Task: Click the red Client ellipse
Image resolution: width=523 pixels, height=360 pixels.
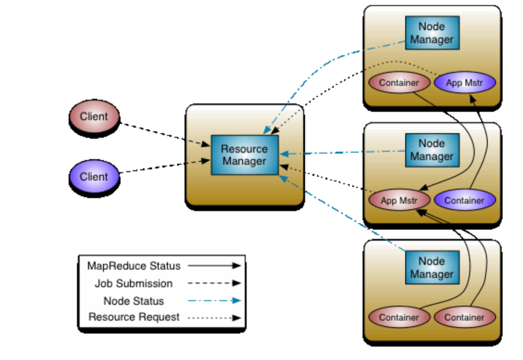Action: point(94,116)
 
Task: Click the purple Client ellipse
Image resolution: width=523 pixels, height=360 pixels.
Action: point(94,176)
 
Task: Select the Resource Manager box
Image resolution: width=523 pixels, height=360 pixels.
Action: point(244,155)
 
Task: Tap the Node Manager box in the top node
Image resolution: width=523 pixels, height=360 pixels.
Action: point(432,32)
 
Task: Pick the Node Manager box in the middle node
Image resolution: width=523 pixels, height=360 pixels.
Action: point(432,150)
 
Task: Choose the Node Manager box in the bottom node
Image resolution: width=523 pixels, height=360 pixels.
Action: point(432,267)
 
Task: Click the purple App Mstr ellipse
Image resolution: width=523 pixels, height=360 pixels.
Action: point(465,83)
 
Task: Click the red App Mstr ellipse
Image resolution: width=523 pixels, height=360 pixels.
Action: point(399,200)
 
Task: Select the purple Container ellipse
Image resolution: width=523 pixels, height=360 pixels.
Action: point(465,200)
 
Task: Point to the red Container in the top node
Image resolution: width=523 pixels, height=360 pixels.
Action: point(399,83)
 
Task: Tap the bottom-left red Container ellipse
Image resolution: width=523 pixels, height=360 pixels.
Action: point(399,317)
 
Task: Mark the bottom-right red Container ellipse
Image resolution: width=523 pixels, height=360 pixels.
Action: point(465,317)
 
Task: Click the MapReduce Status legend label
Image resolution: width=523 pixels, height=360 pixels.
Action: point(134,266)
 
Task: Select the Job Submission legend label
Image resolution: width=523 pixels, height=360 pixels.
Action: point(134,283)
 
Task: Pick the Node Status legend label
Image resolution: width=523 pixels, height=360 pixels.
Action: point(134,301)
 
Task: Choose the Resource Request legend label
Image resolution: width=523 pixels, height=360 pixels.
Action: point(134,317)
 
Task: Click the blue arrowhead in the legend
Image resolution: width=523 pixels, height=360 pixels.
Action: point(236,301)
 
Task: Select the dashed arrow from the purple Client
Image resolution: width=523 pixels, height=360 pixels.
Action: point(165,166)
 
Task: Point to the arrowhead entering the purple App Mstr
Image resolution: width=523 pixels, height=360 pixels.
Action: point(472,99)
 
